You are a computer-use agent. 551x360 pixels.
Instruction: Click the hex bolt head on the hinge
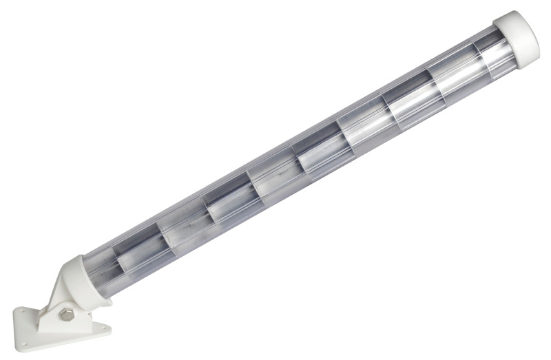(66, 315)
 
